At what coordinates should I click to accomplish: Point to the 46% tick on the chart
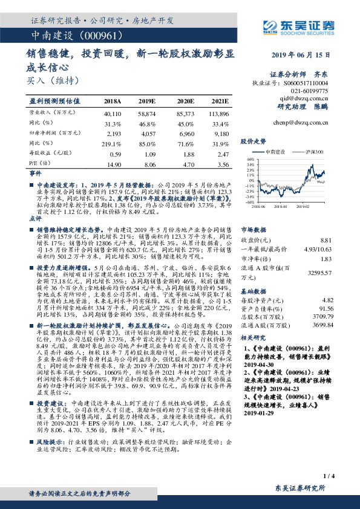click(x=250, y=162)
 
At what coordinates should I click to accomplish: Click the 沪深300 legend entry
click(x=315, y=153)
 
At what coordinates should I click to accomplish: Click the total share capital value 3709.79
click(x=321, y=316)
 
